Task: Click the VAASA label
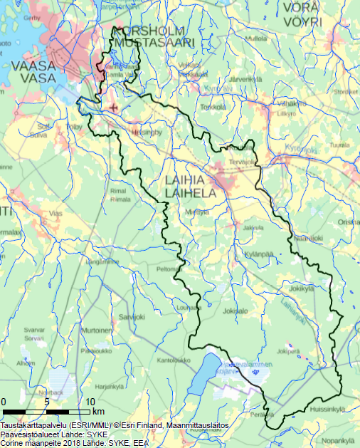33,66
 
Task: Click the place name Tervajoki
241,162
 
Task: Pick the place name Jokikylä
302,289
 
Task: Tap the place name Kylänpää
259,254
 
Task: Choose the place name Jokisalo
235,311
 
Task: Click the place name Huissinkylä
328,409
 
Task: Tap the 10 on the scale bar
90,402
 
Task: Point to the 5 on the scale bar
46,402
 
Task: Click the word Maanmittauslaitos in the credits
196,425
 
